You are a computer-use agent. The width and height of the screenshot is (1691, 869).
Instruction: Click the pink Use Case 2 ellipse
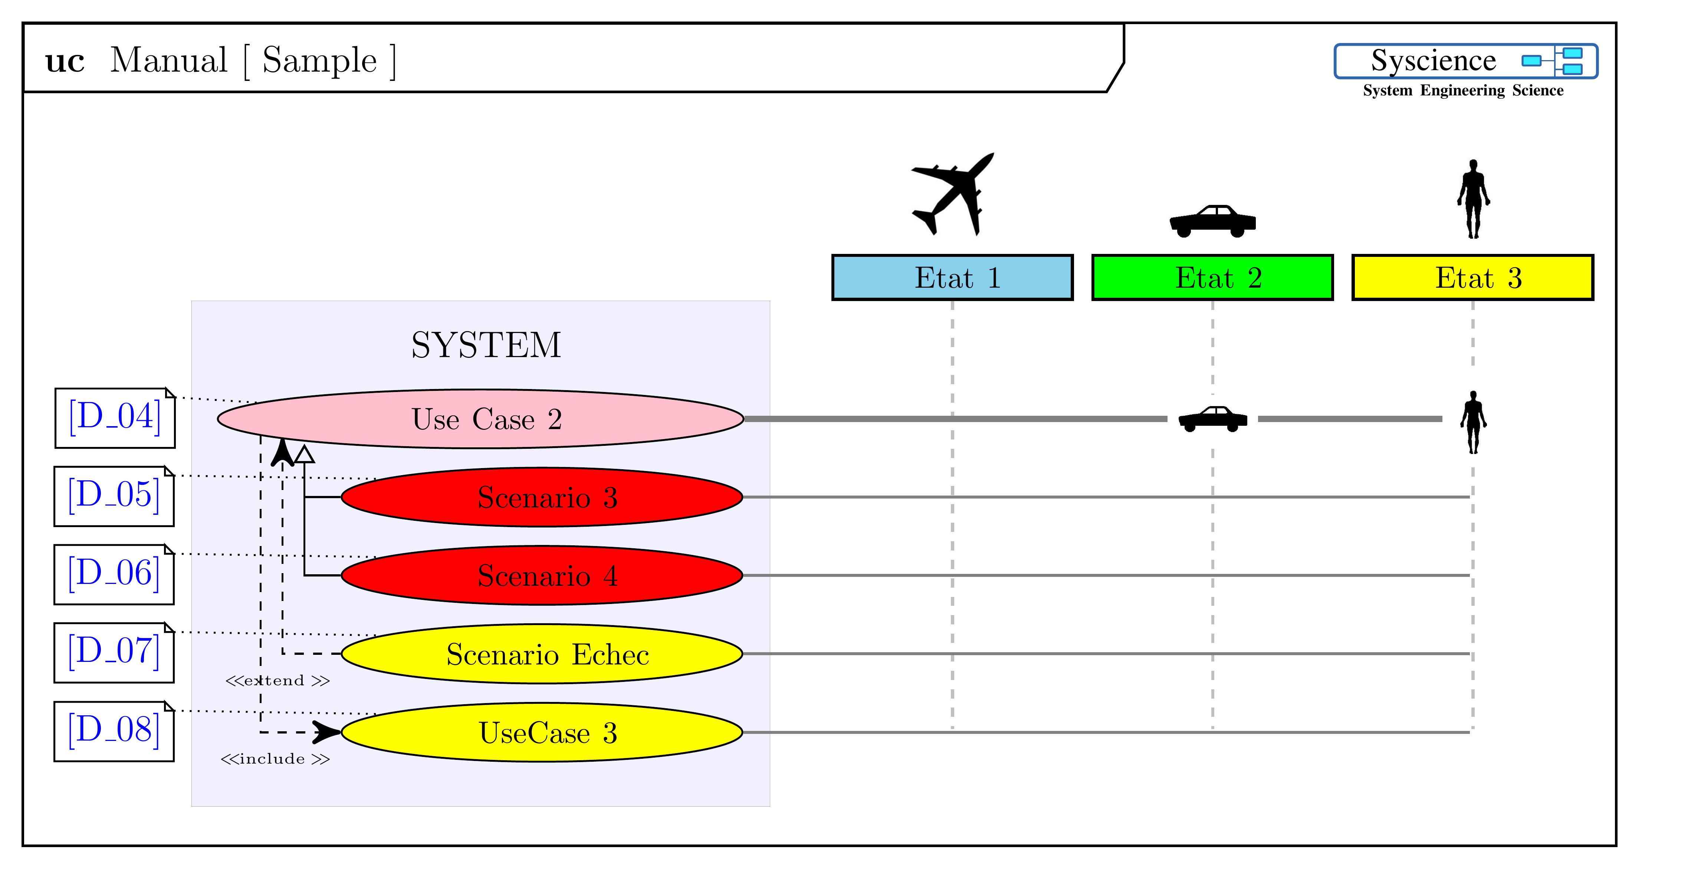480,419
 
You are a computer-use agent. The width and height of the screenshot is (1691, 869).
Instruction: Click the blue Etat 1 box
952,278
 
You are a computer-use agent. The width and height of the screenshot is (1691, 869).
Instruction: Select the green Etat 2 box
1212,278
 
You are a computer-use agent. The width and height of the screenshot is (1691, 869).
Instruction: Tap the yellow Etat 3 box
1472,278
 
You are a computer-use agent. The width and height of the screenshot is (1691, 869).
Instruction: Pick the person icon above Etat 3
1474,198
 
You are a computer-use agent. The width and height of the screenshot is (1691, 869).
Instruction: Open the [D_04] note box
115,418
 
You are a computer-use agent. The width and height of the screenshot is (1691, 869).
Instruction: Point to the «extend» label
277,680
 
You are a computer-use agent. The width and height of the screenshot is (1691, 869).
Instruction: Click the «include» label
275,759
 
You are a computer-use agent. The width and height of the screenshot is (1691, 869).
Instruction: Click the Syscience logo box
1466,61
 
